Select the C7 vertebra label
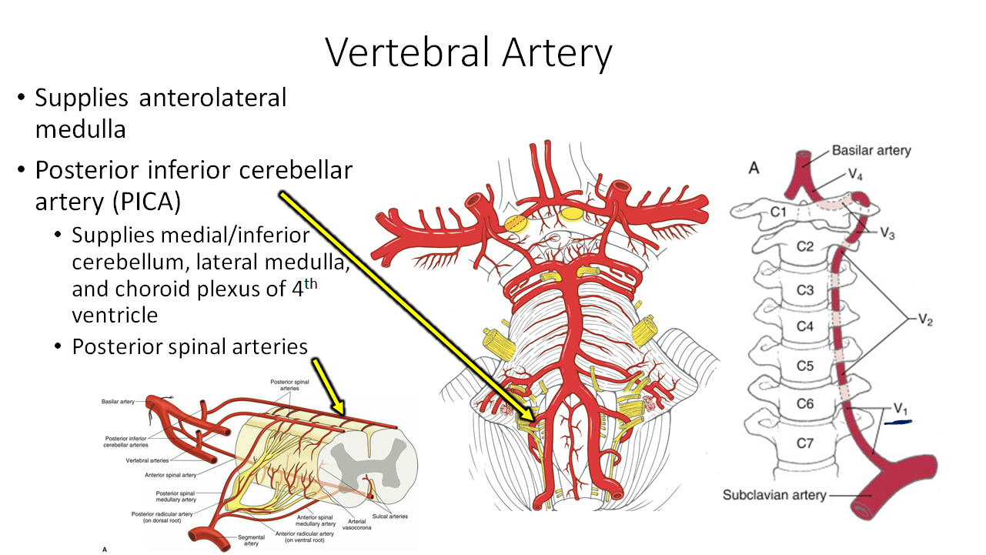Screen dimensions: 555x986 point(804,443)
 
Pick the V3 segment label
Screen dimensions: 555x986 point(887,234)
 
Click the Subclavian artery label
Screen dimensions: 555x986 point(774,495)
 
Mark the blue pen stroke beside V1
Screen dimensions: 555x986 point(897,422)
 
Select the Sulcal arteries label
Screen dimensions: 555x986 point(393,517)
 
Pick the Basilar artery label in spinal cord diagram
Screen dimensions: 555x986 point(118,402)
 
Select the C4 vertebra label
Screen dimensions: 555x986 point(804,326)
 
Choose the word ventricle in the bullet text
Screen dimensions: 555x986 point(115,316)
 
